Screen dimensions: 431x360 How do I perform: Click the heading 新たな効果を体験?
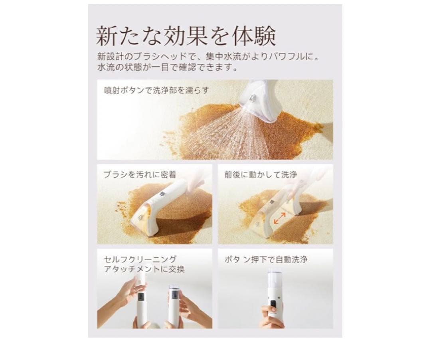186,36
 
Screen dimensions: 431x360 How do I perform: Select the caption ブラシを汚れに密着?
140,175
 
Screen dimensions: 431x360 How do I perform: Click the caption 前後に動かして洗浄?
261,175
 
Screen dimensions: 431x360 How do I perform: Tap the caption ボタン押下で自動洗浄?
265,259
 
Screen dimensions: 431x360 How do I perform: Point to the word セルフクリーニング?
140,259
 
